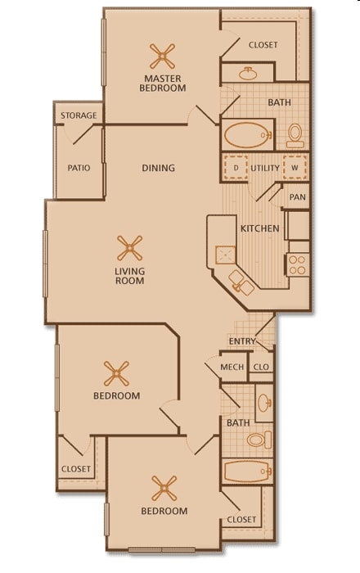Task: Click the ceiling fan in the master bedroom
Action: pyautogui.click(x=163, y=56)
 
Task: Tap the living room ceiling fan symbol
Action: pyautogui.click(x=129, y=247)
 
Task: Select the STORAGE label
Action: pyautogui.click(x=79, y=115)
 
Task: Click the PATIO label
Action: pyautogui.click(x=79, y=168)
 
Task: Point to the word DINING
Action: pyautogui.click(x=158, y=168)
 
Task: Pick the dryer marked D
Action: pyautogui.click(x=236, y=167)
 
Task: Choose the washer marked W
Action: pyautogui.click(x=294, y=167)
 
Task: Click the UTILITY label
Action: pyautogui.click(x=265, y=168)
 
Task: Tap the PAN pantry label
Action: pyautogui.click(x=297, y=197)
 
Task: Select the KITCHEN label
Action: pyautogui.click(x=259, y=228)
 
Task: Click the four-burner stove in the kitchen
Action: pyautogui.click(x=297, y=264)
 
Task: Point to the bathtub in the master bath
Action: pyautogui.click(x=247, y=133)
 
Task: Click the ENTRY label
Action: pyautogui.click(x=242, y=341)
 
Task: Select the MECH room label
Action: pyautogui.click(x=232, y=368)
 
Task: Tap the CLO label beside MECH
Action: pyautogui.click(x=262, y=368)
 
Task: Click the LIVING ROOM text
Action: pyautogui.click(x=129, y=276)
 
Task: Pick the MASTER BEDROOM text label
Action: pyautogui.click(x=163, y=83)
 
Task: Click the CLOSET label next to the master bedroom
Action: pyautogui.click(x=263, y=45)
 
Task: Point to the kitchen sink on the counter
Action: pyautogui.click(x=241, y=283)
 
